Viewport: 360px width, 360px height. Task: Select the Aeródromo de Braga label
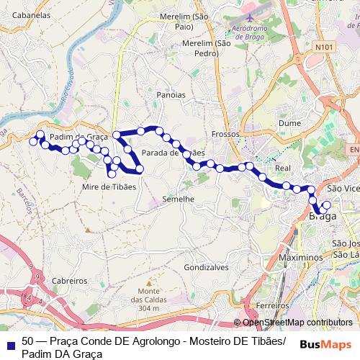[x=256, y=32]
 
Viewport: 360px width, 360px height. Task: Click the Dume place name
[x=289, y=123]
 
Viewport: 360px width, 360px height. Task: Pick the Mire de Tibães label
[x=109, y=186]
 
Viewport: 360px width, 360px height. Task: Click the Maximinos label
[x=300, y=257]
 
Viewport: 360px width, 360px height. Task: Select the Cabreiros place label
[x=70, y=281]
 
